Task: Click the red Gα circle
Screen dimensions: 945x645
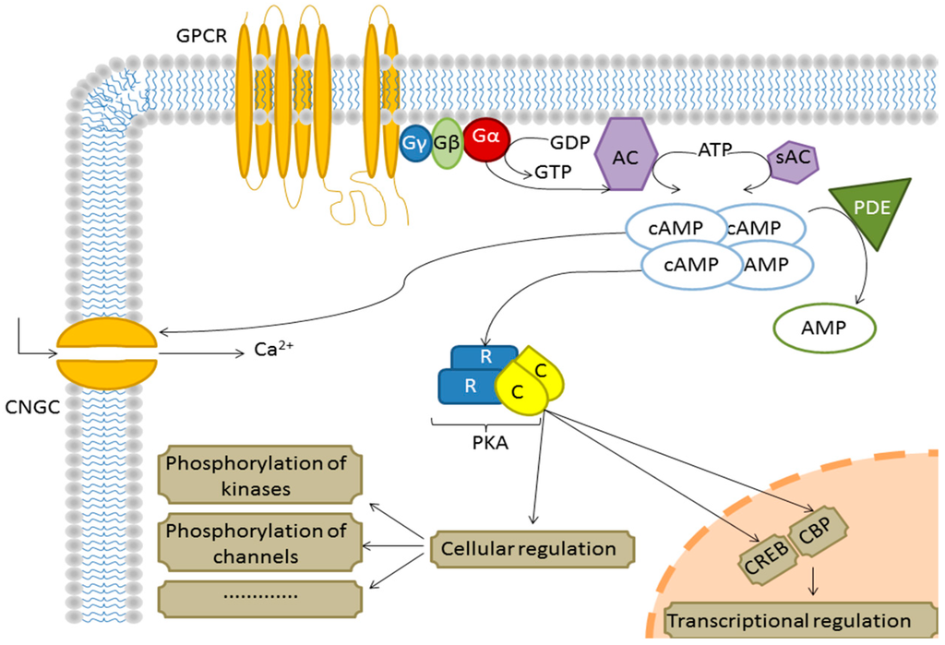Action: coord(486,138)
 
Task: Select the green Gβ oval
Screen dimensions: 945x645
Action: coord(447,143)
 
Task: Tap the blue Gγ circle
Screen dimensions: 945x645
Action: coord(415,143)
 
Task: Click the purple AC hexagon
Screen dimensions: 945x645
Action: coord(626,154)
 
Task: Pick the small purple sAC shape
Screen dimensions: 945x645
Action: coord(793,158)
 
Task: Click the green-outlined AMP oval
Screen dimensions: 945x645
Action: coord(824,328)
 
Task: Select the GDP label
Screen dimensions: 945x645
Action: coord(569,142)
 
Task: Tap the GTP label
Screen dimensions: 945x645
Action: coord(554,173)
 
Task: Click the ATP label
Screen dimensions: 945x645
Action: coord(715,149)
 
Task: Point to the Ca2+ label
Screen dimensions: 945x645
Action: coord(273,349)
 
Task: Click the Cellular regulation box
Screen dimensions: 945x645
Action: coord(532,549)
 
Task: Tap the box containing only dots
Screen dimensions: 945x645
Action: coord(259,599)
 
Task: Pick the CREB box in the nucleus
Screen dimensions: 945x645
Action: coord(766,557)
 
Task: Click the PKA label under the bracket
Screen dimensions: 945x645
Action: coord(490,444)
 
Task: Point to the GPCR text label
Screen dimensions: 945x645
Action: coord(201,36)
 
